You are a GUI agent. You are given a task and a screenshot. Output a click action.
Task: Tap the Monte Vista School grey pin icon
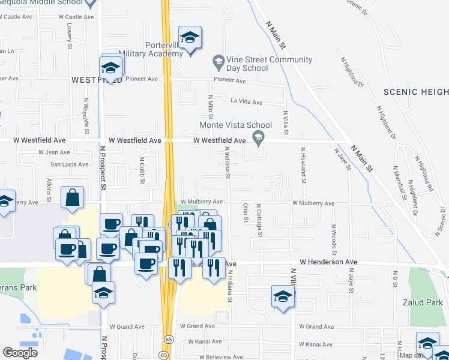point(259,140)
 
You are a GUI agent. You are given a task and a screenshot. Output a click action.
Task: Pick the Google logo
point(20,353)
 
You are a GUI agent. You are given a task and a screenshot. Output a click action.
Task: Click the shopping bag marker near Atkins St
point(72,198)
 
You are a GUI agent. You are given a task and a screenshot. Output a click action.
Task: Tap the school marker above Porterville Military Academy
point(190,39)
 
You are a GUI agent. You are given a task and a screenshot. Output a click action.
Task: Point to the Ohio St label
point(246,212)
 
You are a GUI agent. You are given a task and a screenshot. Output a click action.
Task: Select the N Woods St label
point(333,238)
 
